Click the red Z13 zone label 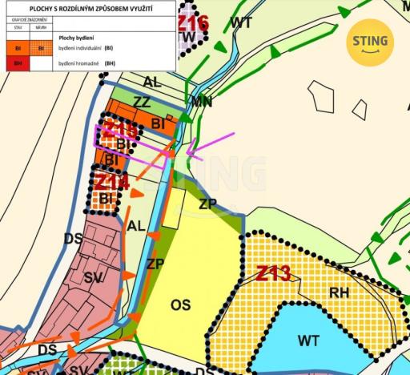click(273, 274)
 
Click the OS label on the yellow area click(181, 304)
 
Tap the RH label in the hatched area click(339, 292)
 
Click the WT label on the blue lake click(308, 341)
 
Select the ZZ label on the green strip click(142, 103)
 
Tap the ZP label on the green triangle click(207, 204)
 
